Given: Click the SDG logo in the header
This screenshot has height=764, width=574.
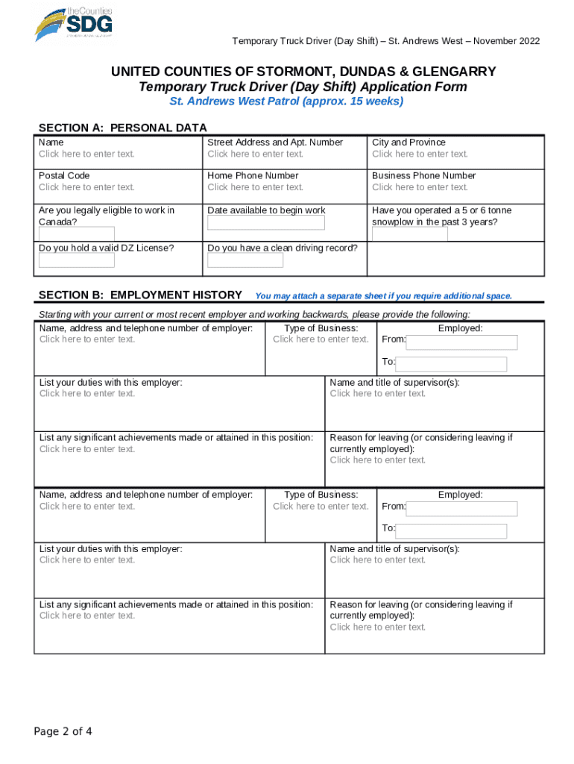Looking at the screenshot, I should pos(74,23).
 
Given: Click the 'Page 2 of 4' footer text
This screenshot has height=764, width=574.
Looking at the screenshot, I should pos(63,731).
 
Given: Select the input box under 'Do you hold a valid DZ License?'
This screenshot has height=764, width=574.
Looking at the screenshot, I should pos(77,260).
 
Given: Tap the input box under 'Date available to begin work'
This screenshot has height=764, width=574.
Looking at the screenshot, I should pos(266,223).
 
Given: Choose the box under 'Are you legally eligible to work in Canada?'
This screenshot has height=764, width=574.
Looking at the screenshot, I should pos(77,234).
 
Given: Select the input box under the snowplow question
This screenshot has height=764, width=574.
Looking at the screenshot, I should pos(410,234).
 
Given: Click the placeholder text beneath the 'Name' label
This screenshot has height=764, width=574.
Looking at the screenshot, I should pos(86,154).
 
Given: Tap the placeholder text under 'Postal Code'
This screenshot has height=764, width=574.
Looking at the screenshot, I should pos(86,187).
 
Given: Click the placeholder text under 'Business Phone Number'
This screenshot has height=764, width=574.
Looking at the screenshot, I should pos(420,187).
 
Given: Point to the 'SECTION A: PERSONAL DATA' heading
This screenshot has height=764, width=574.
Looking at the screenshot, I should pos(122,128).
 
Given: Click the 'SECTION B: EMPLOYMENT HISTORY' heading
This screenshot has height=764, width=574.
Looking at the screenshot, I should pos(140,295).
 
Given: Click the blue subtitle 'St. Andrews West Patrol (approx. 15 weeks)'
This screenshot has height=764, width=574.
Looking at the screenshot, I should pos(286,101).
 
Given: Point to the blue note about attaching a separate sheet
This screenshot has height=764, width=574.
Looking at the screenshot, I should pos(383,296).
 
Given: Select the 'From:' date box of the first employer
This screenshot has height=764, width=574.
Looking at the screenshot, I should pos(461,342).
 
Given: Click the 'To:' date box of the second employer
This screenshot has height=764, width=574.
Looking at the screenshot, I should pos(451,530).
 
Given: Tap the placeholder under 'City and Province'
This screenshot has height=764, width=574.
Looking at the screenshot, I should pos(420,154).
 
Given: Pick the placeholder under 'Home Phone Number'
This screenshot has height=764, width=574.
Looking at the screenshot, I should pos(255,187).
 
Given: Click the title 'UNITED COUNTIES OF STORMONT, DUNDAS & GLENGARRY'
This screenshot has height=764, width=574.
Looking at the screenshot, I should pos(303,72).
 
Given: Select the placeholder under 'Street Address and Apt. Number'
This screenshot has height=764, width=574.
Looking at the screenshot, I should pos(255,154).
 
